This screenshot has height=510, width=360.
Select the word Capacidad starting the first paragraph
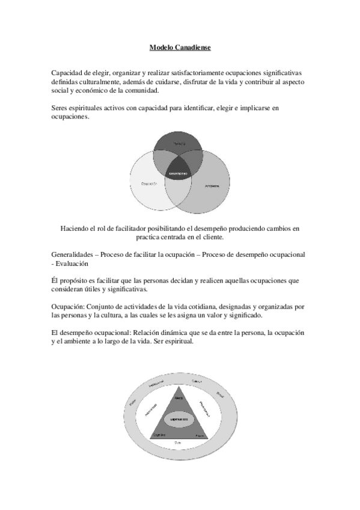tap(69, 73)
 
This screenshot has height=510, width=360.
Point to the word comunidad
tap(141, 91)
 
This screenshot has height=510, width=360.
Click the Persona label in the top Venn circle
tap(179, 143)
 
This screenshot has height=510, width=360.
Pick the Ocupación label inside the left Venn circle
tap(149, 183)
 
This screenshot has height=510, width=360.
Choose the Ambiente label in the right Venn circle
tap(211, 186)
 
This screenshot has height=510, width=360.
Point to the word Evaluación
tap(72, 263)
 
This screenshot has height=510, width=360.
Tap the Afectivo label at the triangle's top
tap(178, 398)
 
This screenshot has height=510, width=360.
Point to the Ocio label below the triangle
tap(178, 443)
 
